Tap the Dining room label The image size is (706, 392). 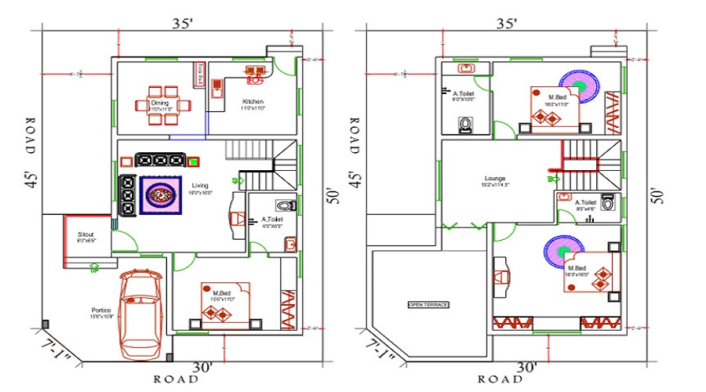point(160,103)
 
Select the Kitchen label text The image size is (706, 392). point(253,103)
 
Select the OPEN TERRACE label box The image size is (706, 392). point(428,304)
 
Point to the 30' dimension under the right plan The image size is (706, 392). point(526,367)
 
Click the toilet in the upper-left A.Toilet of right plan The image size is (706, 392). point(465,124)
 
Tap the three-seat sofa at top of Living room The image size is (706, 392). point(160,160)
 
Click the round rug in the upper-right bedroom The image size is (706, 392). point(580,84)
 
